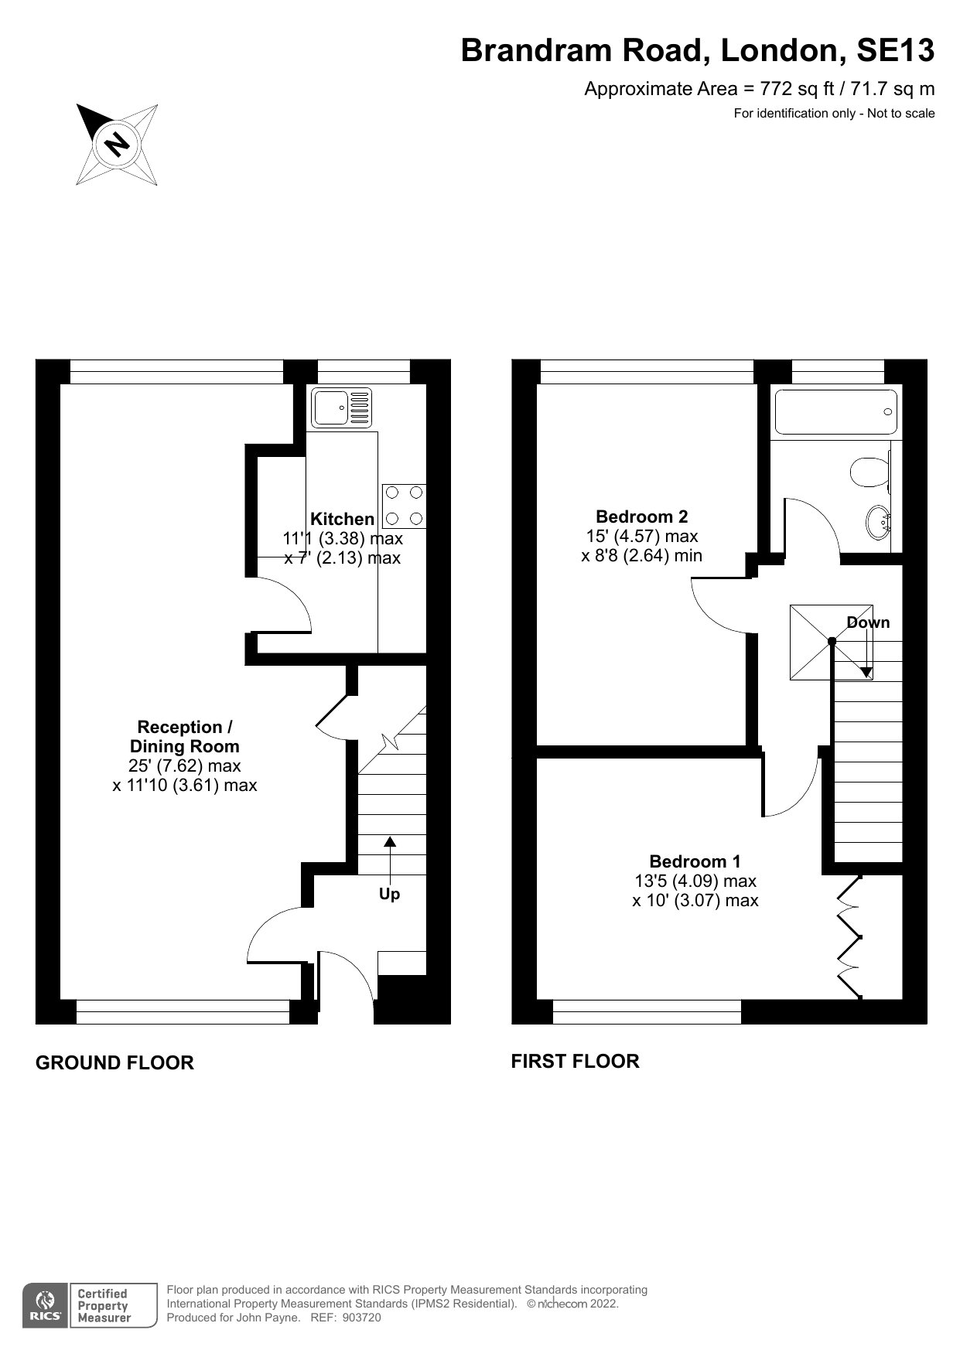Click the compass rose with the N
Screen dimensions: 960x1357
click(x=118, y=145)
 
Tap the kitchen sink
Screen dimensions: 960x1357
click(x=341, y=407)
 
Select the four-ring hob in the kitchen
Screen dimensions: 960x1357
click(x=404, y=506)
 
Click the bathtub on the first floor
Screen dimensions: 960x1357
click(x=835, y=413)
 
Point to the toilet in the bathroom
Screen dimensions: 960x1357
click(x=870, y=471)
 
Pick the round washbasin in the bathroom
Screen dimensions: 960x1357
click(x=881, y=523)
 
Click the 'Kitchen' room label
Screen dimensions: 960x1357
click(x=342, y=519)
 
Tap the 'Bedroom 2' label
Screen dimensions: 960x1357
click(x=642, y=517)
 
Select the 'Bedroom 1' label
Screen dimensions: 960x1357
click(x=695, y=861)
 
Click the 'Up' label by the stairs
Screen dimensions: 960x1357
click(x=389, y=894)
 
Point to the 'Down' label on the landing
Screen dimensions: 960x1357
click(x=868, y=622)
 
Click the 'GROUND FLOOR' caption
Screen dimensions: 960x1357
click(x=114, y=1063)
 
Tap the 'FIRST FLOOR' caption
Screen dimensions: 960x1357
click(x=575, y=1062)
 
